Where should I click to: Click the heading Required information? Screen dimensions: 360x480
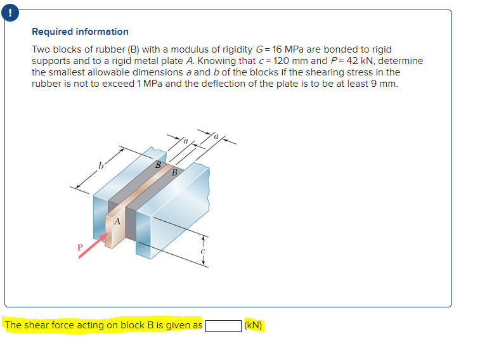pos(80,32)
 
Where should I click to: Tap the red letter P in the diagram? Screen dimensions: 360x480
pos(80,247)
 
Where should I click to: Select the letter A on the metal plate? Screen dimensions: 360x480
pos(117,222)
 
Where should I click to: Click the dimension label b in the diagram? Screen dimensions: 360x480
pos(100,167)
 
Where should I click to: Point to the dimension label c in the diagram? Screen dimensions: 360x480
pos(202,250)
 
